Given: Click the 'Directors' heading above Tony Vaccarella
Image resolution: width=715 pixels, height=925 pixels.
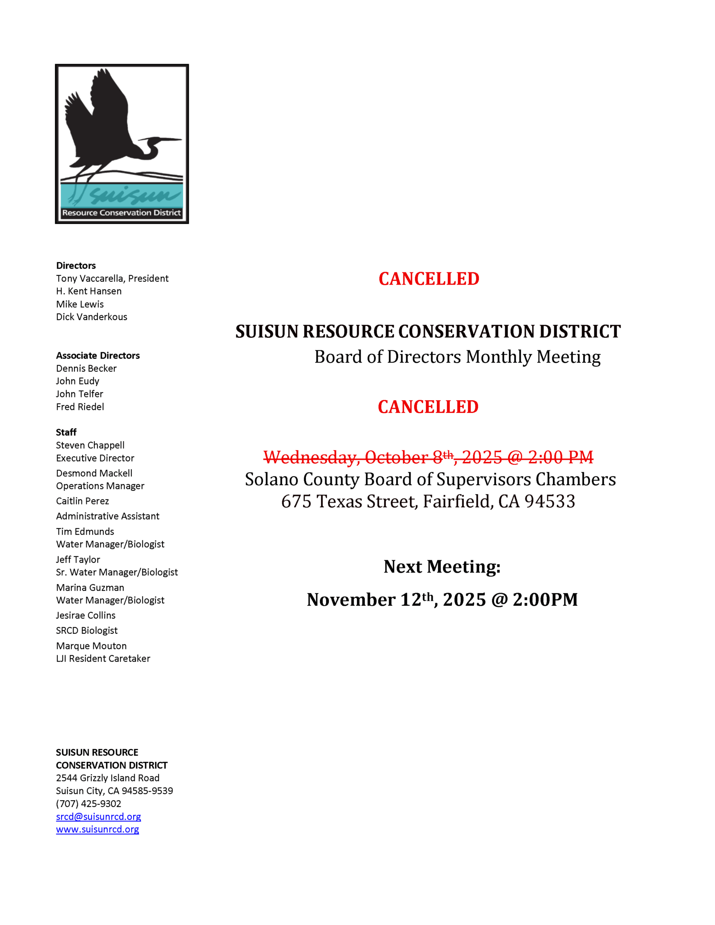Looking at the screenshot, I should pos(76,266).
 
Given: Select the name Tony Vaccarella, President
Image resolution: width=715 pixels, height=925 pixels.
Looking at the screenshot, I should pos(112,278).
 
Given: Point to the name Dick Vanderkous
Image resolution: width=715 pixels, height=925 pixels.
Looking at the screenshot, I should pos(92,317).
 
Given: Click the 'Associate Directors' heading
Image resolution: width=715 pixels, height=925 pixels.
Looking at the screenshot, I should pos(98,355).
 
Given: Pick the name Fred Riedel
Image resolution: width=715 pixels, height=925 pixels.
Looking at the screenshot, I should pos(80,406).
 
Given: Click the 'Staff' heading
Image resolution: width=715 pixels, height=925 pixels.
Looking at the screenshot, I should pos(66,432).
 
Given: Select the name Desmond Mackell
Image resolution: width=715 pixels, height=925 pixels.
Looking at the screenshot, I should pos(94,473).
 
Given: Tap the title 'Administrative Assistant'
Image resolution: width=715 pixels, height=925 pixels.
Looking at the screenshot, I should pos(107,516).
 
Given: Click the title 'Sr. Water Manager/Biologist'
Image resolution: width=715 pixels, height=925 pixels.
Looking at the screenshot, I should pos(117,572).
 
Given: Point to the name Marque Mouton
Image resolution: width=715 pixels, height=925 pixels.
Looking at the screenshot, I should pos(91,646).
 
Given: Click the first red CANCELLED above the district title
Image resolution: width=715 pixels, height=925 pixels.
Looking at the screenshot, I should pos(429,279).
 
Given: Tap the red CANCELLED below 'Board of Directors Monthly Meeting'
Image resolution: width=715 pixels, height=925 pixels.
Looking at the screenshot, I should pos(428,407).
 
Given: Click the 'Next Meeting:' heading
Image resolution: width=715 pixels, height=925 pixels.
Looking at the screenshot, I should pos(442,566).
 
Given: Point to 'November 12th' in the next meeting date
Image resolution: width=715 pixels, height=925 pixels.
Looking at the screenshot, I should pos(370,600).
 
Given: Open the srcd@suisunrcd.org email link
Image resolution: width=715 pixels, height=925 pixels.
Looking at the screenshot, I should pos(98,817).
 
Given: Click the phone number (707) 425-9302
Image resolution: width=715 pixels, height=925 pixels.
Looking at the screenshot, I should pos(89,804).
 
